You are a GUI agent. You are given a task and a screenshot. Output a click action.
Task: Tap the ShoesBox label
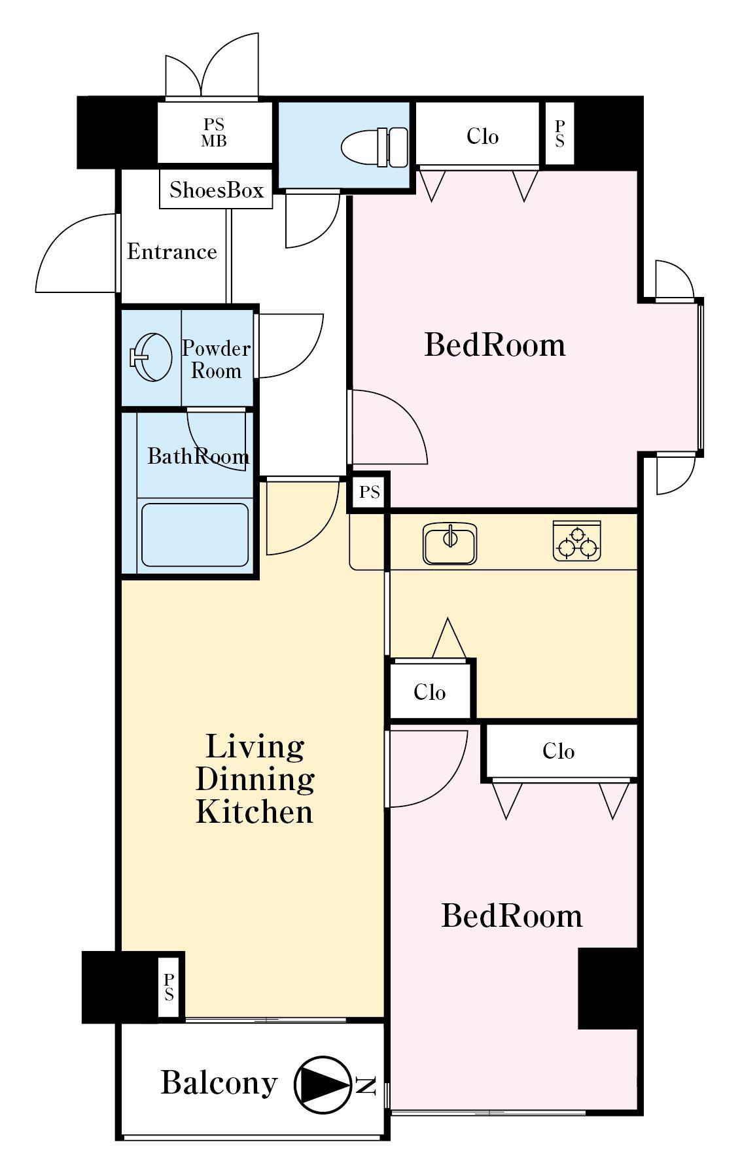coord(216,190)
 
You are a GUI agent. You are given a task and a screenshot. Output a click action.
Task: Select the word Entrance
coord(172,252)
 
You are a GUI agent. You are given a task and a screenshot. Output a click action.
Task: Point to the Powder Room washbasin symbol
coord(151,357)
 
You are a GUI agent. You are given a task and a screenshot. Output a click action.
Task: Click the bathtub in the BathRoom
coord(195,534)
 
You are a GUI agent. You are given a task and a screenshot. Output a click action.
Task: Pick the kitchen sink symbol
coord(450,543)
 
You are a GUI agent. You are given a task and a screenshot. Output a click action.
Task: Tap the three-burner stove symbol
coord(577,540)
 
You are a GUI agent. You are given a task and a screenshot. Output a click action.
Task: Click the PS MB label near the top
coord(214,133)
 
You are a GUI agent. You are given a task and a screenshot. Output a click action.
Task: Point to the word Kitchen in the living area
coord(255,812)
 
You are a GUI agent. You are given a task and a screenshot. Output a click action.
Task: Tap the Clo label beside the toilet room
coord(483,137)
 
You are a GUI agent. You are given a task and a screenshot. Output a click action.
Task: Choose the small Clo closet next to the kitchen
coord(430,691)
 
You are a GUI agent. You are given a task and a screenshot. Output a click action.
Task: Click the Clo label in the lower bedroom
coord(558,751)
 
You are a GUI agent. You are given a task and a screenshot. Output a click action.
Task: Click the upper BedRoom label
coord(495,345)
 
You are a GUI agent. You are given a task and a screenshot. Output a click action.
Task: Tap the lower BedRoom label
coord(512,916)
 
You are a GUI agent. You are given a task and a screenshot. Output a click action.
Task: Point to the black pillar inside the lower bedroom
coord(608,988)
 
